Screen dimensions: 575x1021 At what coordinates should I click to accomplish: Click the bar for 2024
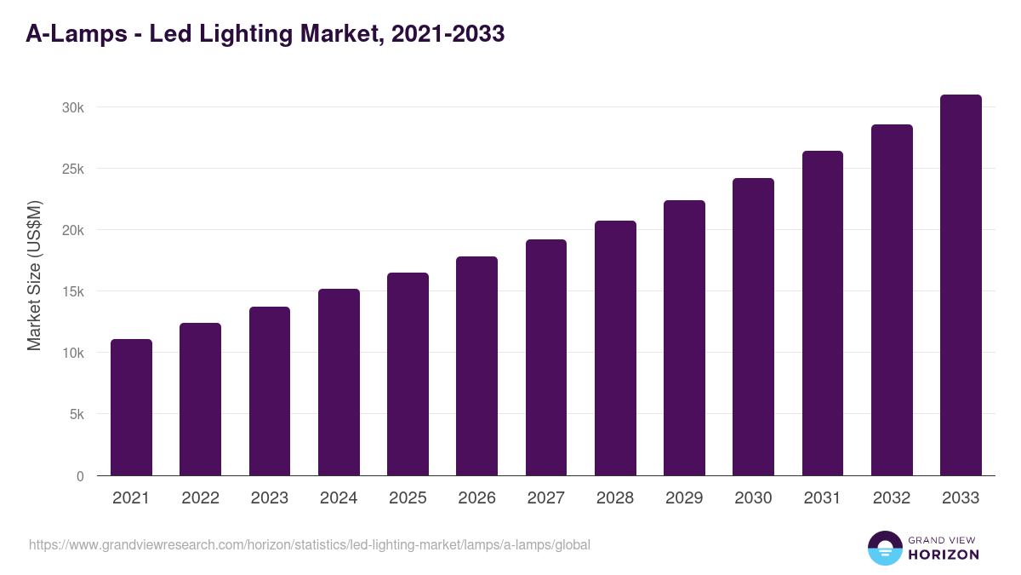tap(339, 382)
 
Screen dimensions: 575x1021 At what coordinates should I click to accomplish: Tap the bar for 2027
tap(546, 358)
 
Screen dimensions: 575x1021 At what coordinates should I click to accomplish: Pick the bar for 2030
tap(753, 327)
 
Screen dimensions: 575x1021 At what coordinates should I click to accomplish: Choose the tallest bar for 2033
tap(961, 285)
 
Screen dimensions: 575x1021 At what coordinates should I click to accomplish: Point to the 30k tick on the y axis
tap(72, 107)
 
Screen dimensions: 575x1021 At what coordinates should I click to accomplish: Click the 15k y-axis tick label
tap(72, 291)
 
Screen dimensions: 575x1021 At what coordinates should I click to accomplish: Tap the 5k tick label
tap(76, 415)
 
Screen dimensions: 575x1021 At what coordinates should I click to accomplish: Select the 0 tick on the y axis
tap(80, 476)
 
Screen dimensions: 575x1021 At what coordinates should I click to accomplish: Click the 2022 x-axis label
tap(200, 498)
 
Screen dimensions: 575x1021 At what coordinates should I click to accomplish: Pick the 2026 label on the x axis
tap(476, 498)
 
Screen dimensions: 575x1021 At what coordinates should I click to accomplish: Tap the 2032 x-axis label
tap(892, 498)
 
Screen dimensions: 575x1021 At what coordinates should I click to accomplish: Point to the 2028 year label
tap(615, 498)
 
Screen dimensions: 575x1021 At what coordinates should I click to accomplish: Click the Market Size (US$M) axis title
tap(34, 275)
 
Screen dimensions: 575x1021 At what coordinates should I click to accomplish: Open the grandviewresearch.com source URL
tap(309, 544)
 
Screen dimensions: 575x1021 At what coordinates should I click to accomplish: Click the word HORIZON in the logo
tap(944, 555)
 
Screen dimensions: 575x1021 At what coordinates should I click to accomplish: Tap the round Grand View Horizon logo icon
tap(885, 548)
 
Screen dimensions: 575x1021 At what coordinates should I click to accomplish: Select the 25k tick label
tap(72, 169)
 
